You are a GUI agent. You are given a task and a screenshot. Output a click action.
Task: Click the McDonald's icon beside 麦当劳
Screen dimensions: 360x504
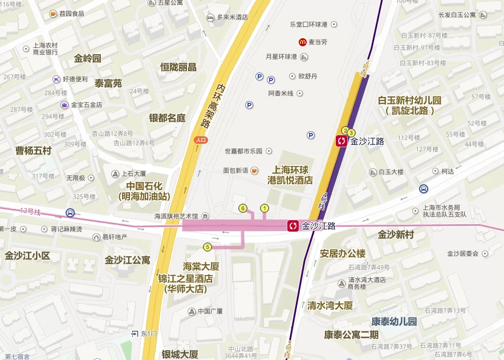click(303, 42)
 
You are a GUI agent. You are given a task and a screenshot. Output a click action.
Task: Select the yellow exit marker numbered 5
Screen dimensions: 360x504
click(208, 247)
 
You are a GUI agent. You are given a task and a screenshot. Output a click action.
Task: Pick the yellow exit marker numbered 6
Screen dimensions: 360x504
click(243, 208)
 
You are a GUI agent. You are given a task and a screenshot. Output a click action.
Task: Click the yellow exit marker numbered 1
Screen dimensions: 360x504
click(264, 208)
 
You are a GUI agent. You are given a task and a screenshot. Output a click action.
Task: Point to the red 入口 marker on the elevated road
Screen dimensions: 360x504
click(201, 139)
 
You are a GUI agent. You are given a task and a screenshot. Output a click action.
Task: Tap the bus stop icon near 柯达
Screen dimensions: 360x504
click(424, 189)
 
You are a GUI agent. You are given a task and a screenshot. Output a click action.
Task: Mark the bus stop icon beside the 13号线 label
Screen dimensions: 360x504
click(70, 213)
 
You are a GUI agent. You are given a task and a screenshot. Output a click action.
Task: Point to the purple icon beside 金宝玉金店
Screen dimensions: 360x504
click(64, 104)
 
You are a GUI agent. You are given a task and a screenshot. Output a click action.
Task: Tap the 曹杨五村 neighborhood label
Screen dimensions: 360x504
click(33, 151)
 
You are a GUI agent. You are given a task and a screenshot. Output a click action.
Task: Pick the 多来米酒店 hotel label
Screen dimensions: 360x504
click(232, 17)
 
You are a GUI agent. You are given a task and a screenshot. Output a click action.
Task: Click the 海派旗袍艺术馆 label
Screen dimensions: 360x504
click(176, 217)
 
